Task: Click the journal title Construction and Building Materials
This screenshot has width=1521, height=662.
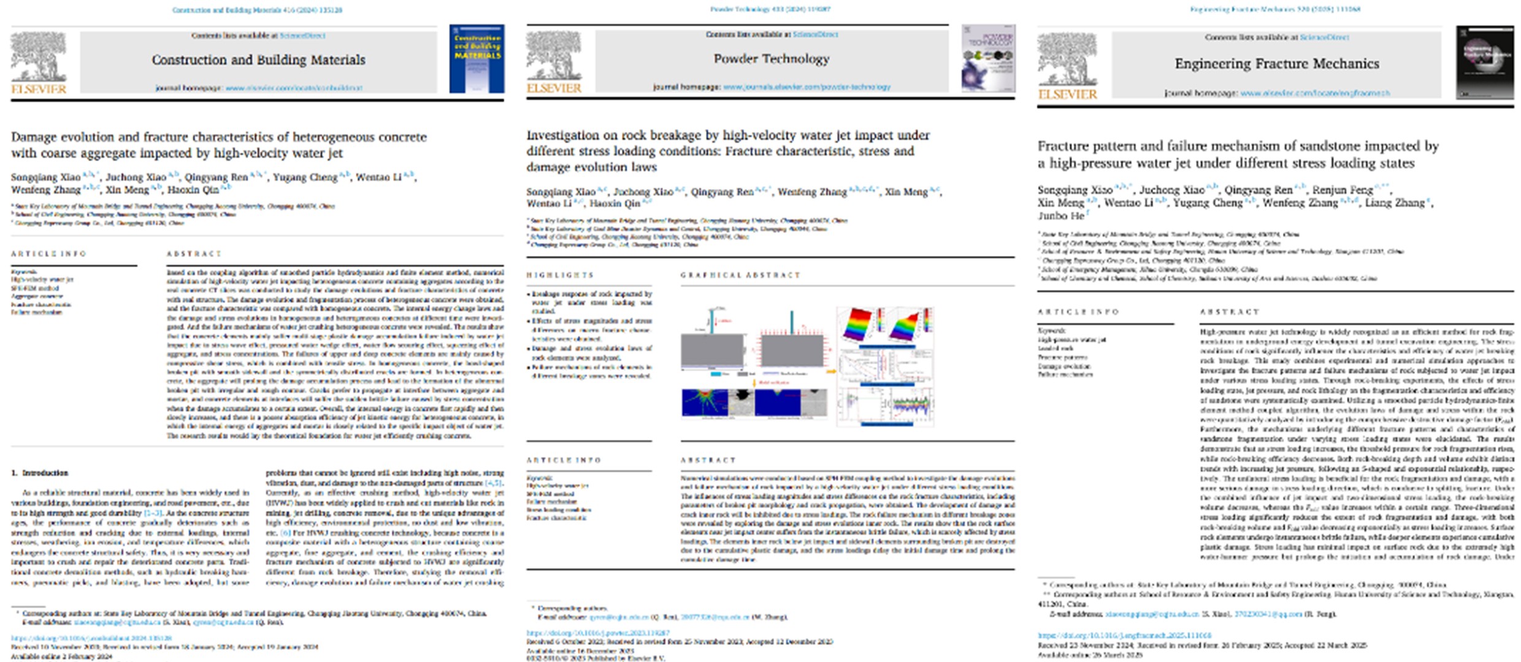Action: click(258, 60)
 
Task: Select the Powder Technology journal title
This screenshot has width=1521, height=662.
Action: click(771, 59)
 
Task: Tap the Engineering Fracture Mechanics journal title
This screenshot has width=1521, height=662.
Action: click(1276, 64)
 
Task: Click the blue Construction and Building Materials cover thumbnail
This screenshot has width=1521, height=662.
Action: click(477, 59)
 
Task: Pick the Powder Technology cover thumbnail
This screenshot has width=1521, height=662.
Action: click(987, 58)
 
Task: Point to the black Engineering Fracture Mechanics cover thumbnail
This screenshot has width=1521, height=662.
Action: click(1485, 62)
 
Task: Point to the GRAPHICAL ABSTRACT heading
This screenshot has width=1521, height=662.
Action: click(740, 275)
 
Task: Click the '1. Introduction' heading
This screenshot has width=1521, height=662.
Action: click(40, 473)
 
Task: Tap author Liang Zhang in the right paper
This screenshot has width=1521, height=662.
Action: click(1394, 203)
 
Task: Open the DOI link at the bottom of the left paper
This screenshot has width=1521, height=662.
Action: click(91, 638)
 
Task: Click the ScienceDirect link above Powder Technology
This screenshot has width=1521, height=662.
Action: click(815, 35)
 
